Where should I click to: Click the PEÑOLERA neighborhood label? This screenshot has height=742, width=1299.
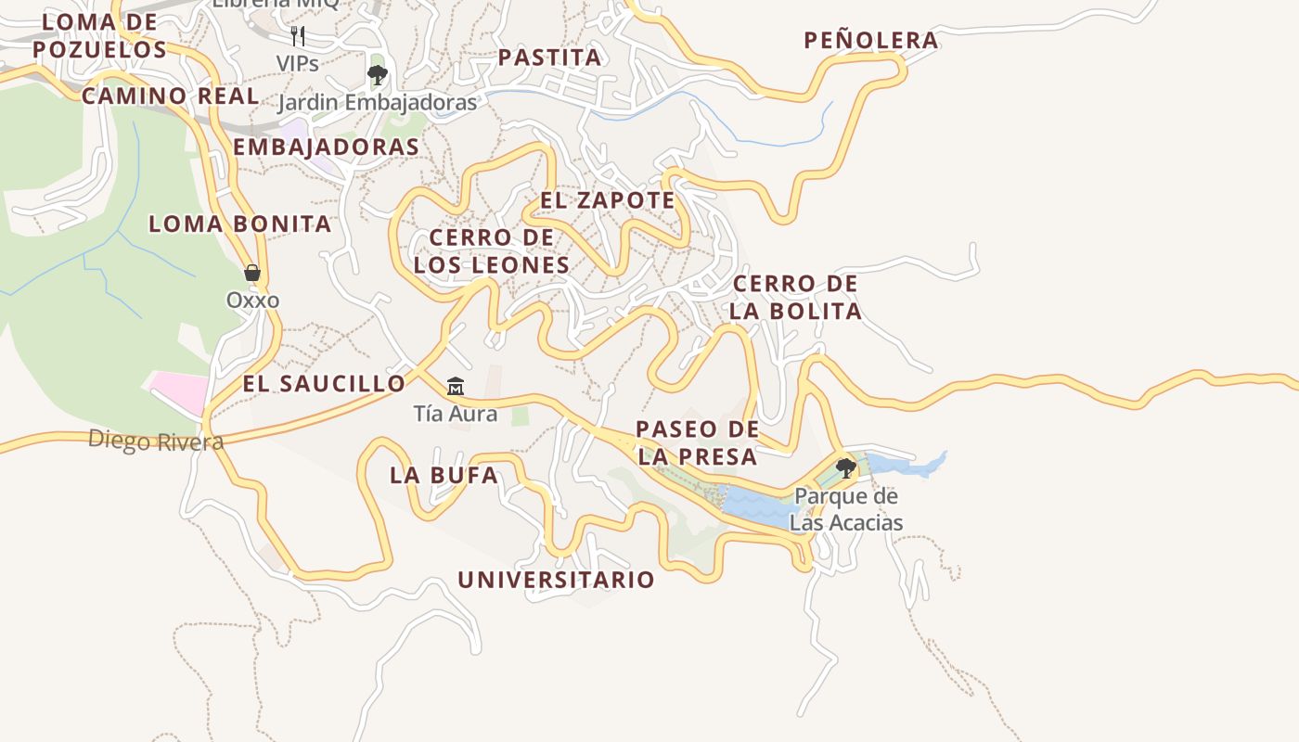tap(870, 40)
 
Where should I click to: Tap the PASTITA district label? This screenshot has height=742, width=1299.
tap(549, 58)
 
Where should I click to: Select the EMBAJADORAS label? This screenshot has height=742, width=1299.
tap(326, 147)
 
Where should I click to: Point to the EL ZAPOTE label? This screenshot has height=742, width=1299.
tap(608, 200)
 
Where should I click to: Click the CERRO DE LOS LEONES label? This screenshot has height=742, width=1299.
tap(492, 251)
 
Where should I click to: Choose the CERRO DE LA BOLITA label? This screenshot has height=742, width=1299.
tap(795, 297)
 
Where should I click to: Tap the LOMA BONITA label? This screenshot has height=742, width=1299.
tap(239, 224)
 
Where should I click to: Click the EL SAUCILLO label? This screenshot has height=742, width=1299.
tap(324, 383)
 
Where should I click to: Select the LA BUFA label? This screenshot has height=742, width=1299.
tap(444, 476)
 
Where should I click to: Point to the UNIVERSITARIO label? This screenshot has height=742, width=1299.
tap(556, 581)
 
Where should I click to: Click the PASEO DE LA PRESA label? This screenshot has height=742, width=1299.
tap(697, 442)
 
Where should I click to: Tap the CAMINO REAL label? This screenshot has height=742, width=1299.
tap(171, 96)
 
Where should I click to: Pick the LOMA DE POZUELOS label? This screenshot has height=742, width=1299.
tap(99, 35)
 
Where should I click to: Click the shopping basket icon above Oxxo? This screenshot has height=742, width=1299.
tap(251, 273)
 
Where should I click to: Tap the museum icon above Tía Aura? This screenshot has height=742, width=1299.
tap(455, 386)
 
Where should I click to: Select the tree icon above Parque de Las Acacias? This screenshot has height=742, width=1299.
tap(845, 467)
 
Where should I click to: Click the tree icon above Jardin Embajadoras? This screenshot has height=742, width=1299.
tap(377, 75)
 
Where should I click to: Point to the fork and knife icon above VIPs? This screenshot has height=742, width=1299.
tap(298, 36)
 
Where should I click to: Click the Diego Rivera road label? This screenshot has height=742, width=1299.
tap(156, 441)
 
